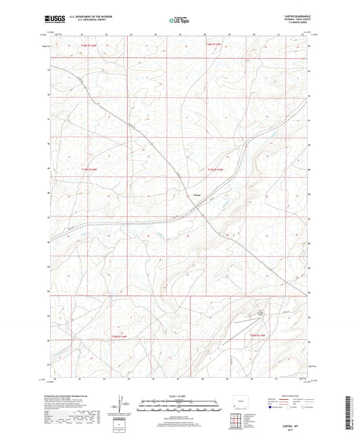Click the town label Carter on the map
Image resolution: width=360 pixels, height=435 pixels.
coord(197,195)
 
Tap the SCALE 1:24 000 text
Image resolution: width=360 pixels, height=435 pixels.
coord(180,396)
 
